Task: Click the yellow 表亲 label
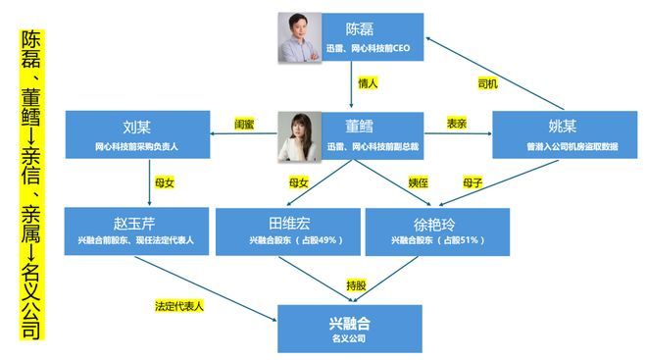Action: [456, 125]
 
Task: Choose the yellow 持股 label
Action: [355, 285]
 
